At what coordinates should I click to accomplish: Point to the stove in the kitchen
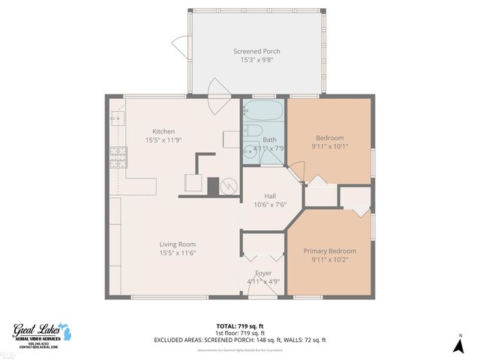pyautogui.click(x=118, y=157)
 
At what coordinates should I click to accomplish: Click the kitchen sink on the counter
pyautogui.click(x=115, y=118)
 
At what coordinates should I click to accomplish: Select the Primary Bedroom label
pyautogui.click(x=329, y=250)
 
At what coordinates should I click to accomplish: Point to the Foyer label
pyautogui.click(x=263, y=273)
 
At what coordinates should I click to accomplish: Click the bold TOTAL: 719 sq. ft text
pyautogui.click(x=239, y=325)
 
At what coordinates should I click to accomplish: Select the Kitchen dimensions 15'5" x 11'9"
pyautogui.click(x=163, y=139)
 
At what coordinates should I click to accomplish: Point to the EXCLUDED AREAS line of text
pyautogui.click(x=239, y=340)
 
